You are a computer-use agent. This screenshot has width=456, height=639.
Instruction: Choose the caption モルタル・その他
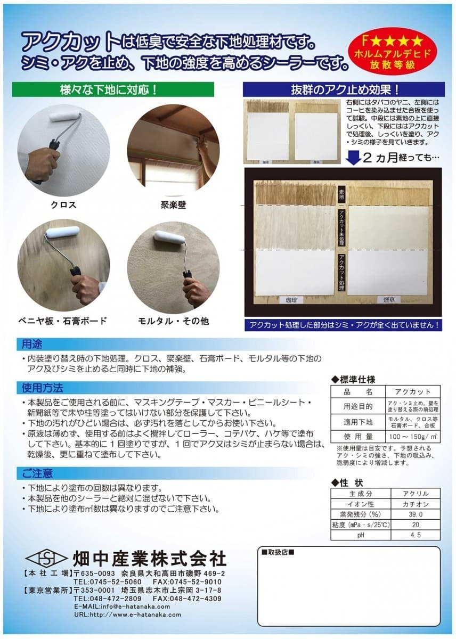(x=173, y=321)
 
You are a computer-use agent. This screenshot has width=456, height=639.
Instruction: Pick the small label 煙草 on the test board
(x=389, y=300)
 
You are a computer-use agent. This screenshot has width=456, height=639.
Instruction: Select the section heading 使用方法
(x=43, y=387)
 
